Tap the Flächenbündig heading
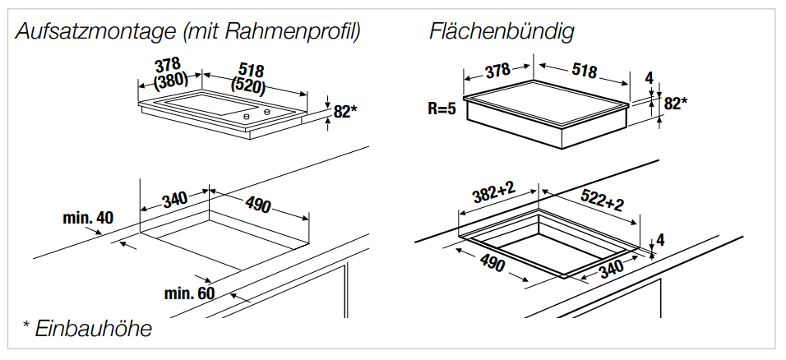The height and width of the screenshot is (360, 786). pyautogui.click(x=501, y=32)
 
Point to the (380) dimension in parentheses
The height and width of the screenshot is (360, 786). pyautogui.click(x=170, y=81)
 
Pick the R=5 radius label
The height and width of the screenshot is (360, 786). pyautogui.click(x=442, y=108)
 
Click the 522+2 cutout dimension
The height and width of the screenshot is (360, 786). pyautogui.click(x=602, y=200)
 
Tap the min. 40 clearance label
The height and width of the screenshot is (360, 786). pyautogui.click(x=88, y=218)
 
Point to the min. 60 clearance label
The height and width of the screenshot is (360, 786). pyautogui.click(x=188, y=293)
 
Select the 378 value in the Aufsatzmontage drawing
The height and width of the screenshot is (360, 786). pyautogui.click(x=168, y=65)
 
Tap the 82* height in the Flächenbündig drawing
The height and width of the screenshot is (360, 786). pyautogui.click(x=676, y=104)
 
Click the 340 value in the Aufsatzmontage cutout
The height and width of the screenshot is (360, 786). pyautogui.click(x=174, y=199)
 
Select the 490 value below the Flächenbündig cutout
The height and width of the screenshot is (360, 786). pyautogui.click(x=491, y=264)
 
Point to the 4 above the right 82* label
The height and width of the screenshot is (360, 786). pyautogui.click(x=649, y=79)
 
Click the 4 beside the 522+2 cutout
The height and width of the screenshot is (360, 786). pyautogui.click(x=659, y=241)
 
